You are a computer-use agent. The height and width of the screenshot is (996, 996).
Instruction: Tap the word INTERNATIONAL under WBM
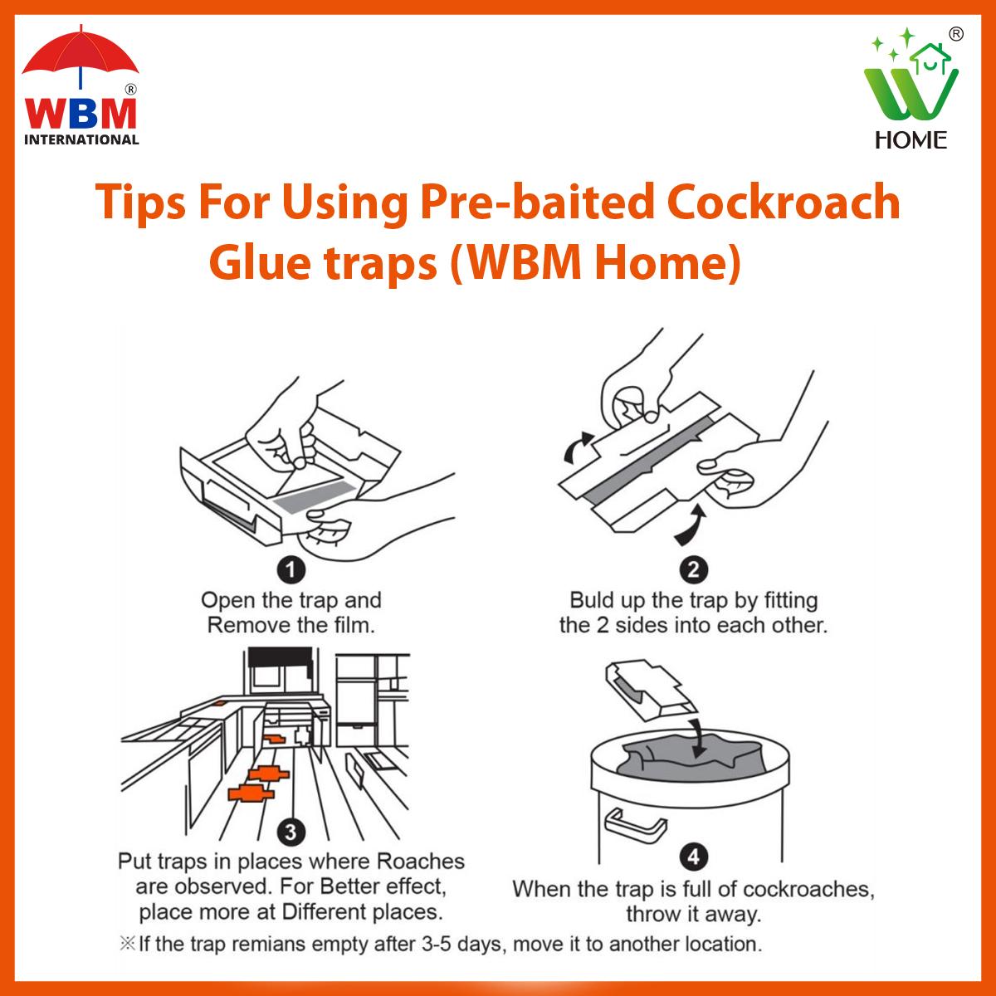(81, 139)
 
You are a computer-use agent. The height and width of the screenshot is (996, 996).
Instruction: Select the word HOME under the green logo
(911, 140)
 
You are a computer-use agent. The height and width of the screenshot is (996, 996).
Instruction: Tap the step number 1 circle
(291, 570)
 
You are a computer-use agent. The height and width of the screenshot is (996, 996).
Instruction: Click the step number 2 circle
(693, 569)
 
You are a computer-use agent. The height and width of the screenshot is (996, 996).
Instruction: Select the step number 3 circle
(291, 832)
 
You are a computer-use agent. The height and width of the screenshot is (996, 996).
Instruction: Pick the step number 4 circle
(693, 857)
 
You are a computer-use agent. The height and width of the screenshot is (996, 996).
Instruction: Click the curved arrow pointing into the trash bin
(698, 737)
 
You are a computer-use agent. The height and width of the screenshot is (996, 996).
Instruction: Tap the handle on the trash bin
(635, 822)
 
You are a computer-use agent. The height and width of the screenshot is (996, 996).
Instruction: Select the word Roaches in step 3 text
(420, 861)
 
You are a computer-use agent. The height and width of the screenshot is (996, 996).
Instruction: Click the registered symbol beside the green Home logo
(956, 34)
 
